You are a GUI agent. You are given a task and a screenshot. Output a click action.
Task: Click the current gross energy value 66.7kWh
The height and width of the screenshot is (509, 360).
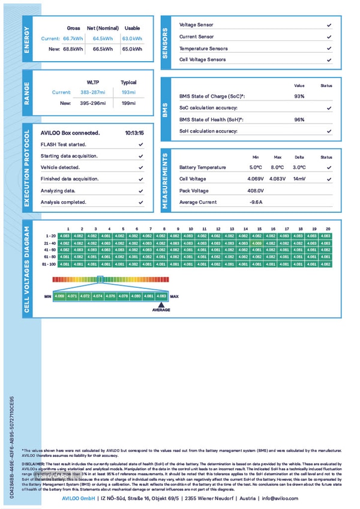click(x=73, y=39)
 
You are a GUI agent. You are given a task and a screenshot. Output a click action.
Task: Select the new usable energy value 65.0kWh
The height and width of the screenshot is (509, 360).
click(x=133, y=50)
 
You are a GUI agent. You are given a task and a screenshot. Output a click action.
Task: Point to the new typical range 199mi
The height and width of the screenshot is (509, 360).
click(x=128, y=103)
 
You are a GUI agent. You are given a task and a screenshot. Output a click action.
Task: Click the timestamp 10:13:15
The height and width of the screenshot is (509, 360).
click(x=134, y=133)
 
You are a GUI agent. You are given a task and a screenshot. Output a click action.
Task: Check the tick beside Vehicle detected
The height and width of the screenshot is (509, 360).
click(x=140, y=168)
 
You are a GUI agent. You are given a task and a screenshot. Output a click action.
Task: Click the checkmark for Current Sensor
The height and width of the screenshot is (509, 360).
click(x=329, y=37)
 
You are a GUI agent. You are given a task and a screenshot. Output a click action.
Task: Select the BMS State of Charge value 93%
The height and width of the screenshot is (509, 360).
click(x=299, y=97)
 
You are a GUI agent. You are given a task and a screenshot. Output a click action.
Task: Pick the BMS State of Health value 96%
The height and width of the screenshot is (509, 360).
click(x=299, y=120)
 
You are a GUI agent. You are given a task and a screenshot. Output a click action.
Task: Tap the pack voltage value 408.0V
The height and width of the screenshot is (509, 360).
click(x=256, y=191)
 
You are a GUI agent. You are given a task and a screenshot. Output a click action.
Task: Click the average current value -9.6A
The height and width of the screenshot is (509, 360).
click(x=256, y=203)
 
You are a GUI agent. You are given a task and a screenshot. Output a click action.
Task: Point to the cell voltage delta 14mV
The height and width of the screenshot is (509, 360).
click(x=299, y=179)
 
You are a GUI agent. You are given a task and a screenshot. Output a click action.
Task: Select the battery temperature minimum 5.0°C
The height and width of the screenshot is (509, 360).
click(x=256, y=168)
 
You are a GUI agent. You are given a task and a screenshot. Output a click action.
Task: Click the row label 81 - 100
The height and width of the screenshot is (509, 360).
click(x=49, y=264)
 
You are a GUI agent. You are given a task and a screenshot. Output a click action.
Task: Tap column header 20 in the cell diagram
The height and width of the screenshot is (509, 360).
click(x=328, y=229)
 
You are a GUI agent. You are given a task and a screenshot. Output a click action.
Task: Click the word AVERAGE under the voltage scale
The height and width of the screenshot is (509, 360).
click(x=161, y=310)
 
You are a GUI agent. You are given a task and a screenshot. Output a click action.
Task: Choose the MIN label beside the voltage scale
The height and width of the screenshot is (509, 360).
click(x=47, y=296)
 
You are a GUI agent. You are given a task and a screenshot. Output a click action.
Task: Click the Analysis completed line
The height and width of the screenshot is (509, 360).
click(x=64, y=203)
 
